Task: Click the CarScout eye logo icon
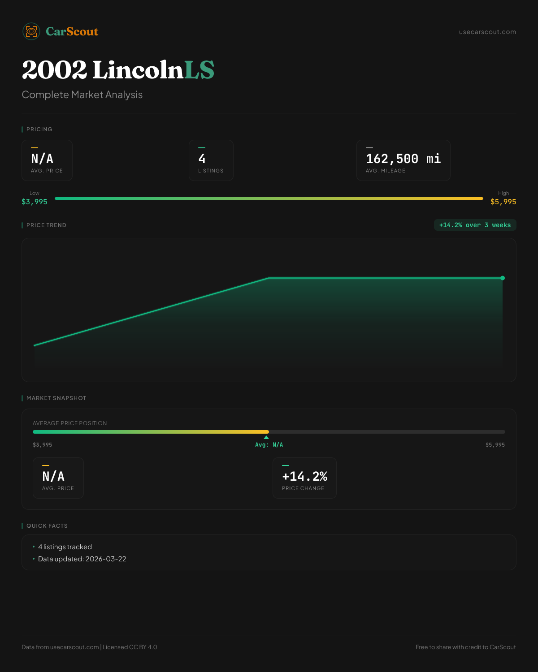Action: click(x=31, y=31)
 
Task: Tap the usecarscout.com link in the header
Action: click(x=487, y=32)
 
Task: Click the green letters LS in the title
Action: click(x=199, y=70)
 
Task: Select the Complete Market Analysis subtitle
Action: click(x=82, y=95)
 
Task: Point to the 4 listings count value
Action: click(x=202, y=159)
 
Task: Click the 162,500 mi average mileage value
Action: click(x=403, y=159)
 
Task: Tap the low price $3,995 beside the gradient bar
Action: click(x=35, y=202)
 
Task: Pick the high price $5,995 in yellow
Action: click(x=503, y=202)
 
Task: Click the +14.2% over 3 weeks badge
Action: click(x=475, y=225)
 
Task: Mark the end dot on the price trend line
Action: click(x=503, y=278)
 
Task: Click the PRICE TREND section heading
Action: click(x=46, y=225)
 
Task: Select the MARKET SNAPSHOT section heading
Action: click(x=56, y=398)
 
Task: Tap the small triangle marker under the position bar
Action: click(x=266, y=437)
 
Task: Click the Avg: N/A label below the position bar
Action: click(x=269, y=445)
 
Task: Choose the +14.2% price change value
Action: click(x=304, y=476)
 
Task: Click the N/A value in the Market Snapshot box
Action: click(x=53, y=476)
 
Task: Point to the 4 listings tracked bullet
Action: click(x=65, y=547)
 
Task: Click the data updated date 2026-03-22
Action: click(x=106, y=559)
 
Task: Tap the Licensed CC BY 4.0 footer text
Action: click(x=130, y=647)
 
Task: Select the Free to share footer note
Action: click(x=465, y=647)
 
